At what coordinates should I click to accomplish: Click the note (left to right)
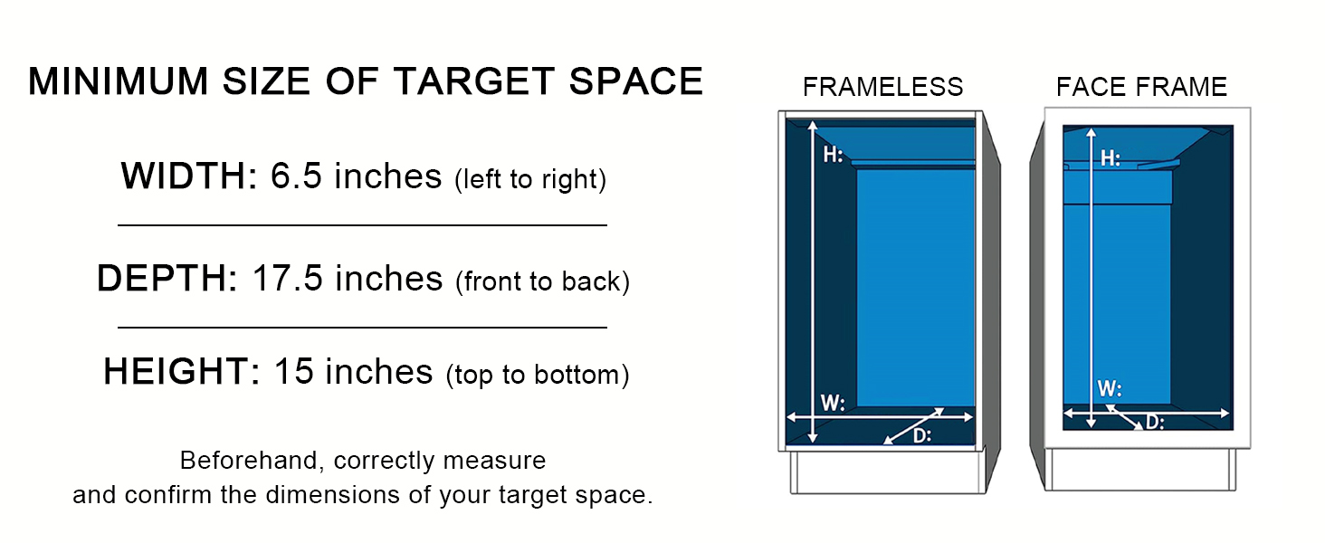point(529,179)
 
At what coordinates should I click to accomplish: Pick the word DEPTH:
point(167,279)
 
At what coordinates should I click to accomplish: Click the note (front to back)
point(542,281)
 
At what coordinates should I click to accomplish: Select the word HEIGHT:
point(182,372)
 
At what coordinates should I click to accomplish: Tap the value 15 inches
point(353,372)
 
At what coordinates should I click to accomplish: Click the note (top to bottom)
point(538,375)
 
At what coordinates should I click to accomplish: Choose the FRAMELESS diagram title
point(882,87)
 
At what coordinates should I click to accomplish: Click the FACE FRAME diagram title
point(1141,87)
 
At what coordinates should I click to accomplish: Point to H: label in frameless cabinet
point(834,155)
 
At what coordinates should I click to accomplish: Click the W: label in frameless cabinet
point(833,402)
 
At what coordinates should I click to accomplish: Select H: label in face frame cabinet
point(1111,158)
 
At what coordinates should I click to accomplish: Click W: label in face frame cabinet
point(1110,389)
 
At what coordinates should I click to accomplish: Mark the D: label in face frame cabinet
point(1155,422)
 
